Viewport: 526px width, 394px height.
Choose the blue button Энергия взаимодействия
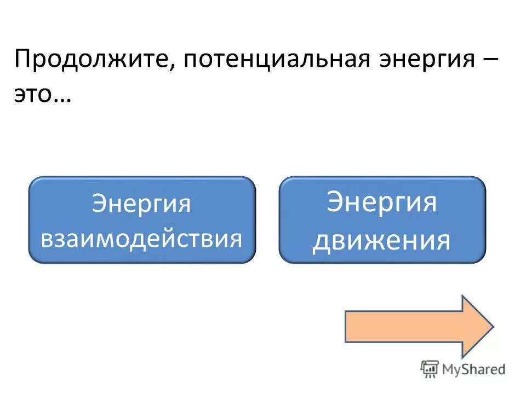point(142,219)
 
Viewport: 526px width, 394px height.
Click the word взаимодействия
point(142,239)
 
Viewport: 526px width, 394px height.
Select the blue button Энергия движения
point(382,219)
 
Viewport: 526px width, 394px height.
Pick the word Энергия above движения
point(382,202)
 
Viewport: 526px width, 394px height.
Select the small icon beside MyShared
point(430,369)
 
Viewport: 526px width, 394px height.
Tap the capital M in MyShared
point(450,369)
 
